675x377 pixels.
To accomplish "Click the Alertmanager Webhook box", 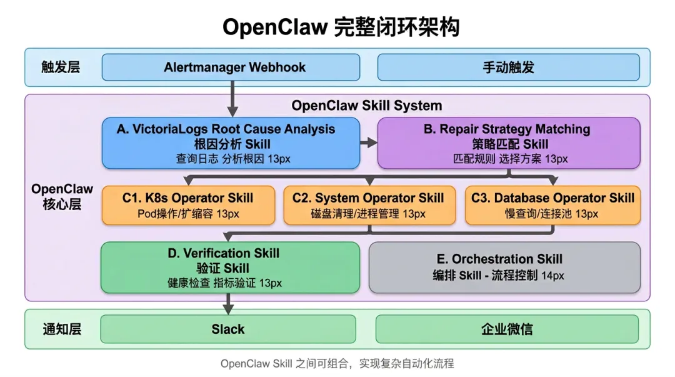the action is point(231,68).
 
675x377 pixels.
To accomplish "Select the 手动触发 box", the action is point(508,68).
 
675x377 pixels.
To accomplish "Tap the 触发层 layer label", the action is point(61,68).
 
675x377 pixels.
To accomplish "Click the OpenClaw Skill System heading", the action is point(367,106).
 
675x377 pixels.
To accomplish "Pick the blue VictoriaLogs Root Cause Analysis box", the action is point(231,143).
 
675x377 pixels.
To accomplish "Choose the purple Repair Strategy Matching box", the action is point(509,143).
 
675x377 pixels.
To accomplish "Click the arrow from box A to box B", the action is point(369,143).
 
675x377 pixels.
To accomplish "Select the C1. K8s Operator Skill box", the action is point(189,205).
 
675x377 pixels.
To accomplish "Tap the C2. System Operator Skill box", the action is point(369,205).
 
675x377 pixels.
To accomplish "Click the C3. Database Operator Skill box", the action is point(552,205).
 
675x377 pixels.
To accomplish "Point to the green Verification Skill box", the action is point(230,268).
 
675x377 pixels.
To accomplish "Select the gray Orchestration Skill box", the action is point(504,268).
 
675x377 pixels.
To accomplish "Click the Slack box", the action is point(228,329).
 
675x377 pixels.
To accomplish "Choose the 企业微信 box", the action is point(507,329).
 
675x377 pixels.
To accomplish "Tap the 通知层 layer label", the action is point(62,329).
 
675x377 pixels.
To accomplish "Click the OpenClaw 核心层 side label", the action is point(62,196).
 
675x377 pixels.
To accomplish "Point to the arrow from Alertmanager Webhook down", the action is point(232,99).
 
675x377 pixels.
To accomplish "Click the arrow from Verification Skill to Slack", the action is point(229,304).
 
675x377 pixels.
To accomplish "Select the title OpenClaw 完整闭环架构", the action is point(341,27).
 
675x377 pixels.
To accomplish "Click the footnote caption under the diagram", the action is point(337,364).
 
